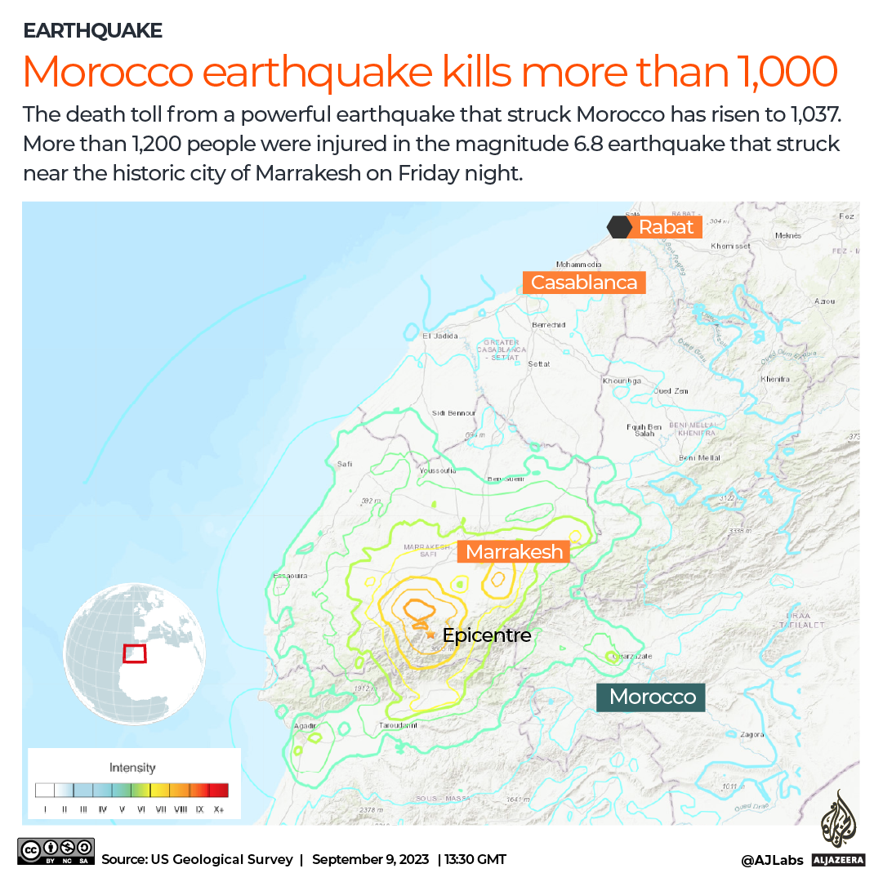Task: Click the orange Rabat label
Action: pyautogui.click(x=666, y=227)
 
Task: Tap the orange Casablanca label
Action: pyautogui.click(x=584, y=283)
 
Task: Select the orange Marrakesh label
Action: pyautogui.click(x=514, y=552)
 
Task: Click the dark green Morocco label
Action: pyautogui.click(x=652, y=697)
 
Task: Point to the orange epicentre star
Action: pyautogui.click(x=430, y=634)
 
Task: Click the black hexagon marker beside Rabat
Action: pyautogui.click(x=618, y=226)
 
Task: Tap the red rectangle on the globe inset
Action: pyautogui.click(x=134, y=654)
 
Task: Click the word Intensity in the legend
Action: pyautogui.click(x=132, y=768)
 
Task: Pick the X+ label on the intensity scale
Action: pyautogui.click(x=218, y=810)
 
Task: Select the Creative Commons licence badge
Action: pyautogui.click(x=56, y=851)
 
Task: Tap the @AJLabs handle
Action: pyautogui.click(x=772, y=859)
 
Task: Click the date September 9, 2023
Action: pyautogui.click(x=370, y=859)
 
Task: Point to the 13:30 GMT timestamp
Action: pyautogui.click(x=475, y=859)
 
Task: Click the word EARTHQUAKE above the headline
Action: pyautogui.click(x=92, y=31)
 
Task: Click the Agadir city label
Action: pyautogui.click(x=305, y=724)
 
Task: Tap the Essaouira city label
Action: pyautogui.click(x=290, y=576)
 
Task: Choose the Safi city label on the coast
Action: pyautogui.click(x=345, y=464)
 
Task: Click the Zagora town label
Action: pyautogui.click(x=751, y=734)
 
